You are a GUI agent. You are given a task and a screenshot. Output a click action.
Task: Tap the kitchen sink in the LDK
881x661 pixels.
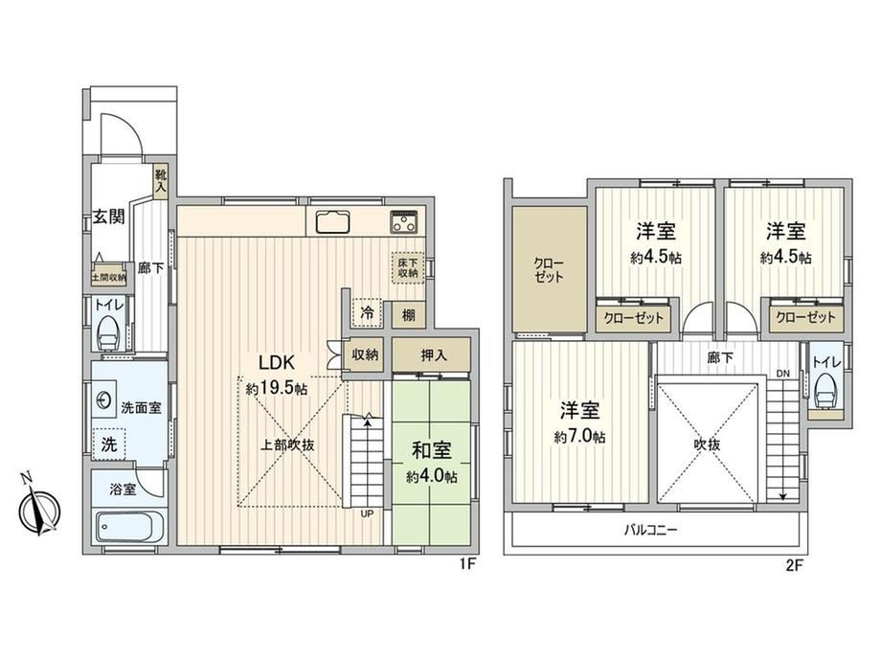point(332,221)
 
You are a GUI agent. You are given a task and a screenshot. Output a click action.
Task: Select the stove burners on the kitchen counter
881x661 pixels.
point(404,222)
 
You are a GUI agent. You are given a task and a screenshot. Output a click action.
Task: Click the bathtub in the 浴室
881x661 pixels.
point(130,527)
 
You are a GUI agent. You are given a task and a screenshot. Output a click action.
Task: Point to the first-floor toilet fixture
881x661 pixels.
point(108,334)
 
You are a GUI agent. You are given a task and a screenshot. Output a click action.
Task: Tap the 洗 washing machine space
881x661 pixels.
point(109,444)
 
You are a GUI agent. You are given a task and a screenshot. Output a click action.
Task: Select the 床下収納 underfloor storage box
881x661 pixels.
point(408,267)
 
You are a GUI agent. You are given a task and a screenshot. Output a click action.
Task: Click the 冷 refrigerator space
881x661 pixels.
point(367,312)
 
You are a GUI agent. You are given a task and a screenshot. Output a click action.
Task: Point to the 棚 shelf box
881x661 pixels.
point(409,315)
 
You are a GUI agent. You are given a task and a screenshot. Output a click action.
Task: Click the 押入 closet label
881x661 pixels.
point(434,355)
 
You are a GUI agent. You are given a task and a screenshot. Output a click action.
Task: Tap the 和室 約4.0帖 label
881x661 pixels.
point(432,464)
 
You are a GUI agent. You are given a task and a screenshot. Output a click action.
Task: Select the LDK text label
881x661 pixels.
point(277,363)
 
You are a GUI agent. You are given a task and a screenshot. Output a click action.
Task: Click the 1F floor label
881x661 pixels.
point(468,563)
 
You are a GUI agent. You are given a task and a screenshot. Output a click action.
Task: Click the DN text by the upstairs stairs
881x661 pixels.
point(783,374)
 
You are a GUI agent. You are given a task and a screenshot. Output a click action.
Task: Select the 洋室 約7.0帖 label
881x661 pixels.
point(579,422)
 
